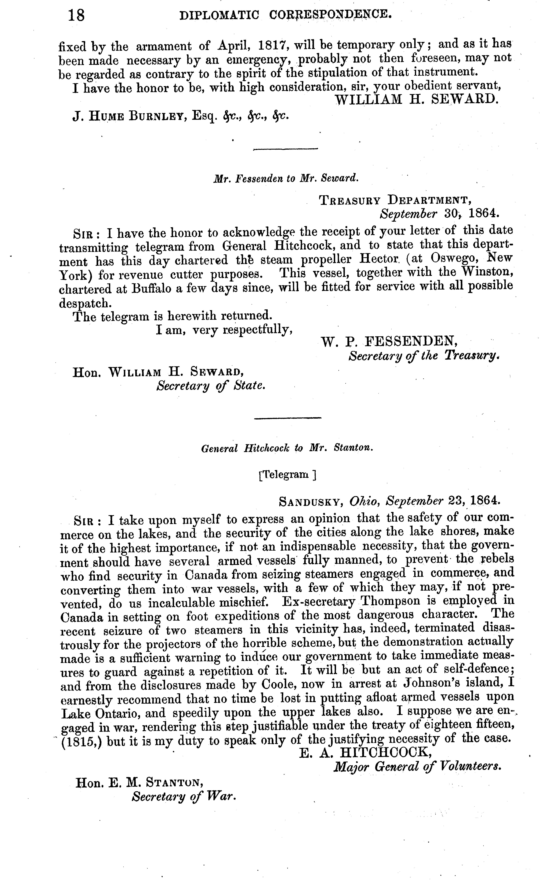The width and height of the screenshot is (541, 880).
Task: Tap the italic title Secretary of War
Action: click(x=184, y=797)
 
